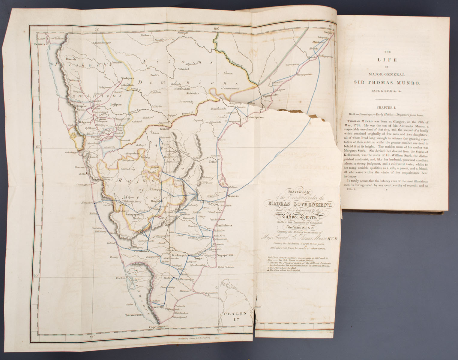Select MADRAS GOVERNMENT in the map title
coord(300,205)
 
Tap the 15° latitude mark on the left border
coord(37,146)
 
